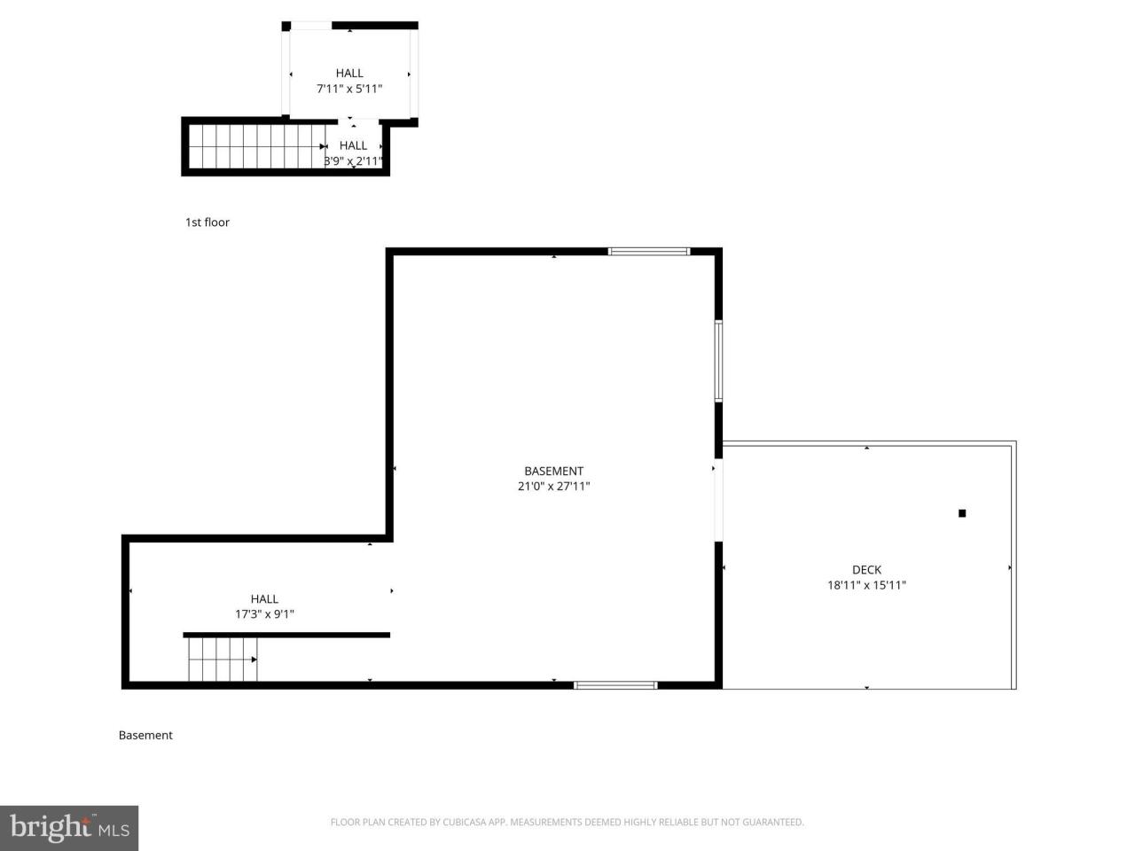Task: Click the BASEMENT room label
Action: click(553, 472)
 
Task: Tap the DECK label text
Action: click(866, 570)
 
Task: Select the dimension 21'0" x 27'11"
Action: click(553, 487)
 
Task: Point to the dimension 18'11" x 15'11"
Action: click(866, 585)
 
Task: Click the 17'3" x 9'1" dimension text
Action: click(264, 613)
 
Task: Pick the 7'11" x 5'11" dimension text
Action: click(349, 89)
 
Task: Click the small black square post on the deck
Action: click(962, 513)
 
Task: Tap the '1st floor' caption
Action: click(207, 223)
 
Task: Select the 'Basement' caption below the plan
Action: click(145, 735)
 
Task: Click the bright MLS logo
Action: click(68, 828)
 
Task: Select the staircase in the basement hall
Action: click(222, 660)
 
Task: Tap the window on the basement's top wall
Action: click(649, 252)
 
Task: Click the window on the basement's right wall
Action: click(719, 362)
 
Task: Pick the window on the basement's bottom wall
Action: click(615, 685)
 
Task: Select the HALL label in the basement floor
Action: click(264, 599)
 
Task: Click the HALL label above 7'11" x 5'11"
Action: click(349, 74)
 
